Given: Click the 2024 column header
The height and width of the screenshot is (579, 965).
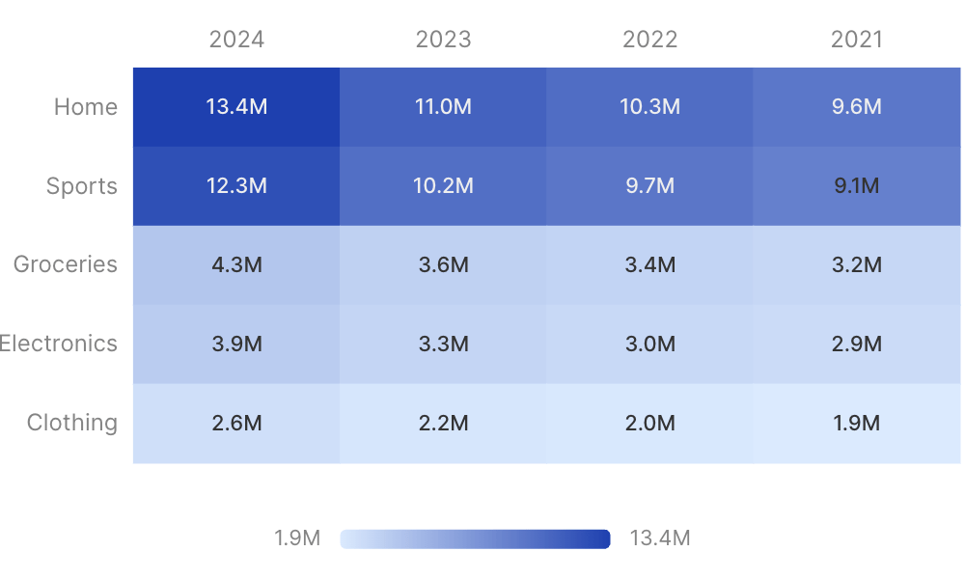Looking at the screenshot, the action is pyautogui.click(x=236, y=40).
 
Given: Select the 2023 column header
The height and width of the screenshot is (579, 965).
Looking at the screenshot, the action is pyautogui.click(x=443, y=40).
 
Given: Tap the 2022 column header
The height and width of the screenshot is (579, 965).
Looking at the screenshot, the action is pyautogui.click(x=649, y=40).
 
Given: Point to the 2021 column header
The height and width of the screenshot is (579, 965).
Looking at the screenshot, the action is pyautogui.click(x=857, y=40).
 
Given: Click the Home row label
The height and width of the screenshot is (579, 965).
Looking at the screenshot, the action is pyautogui.click(x=86, y=107).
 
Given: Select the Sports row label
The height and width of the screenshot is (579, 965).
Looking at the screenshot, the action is pyautogui.click(x=82, y=186).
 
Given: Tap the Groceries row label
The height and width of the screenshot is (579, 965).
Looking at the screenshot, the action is pyautogui.click(x=66, y=264).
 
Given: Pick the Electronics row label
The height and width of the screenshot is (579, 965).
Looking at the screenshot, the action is pyautogui.click(x=59, y=344).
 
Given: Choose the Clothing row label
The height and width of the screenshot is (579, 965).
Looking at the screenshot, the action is pyautogui.click(x=72, y=423).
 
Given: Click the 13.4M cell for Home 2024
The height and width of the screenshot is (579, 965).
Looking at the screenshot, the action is pyautogui.click(x=236, y=107).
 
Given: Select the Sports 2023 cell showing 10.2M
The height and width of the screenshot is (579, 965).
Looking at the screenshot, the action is pyautogui.click(x=443, y=186).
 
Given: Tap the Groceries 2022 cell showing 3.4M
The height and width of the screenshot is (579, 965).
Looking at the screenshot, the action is pyautogui.click(x=649, y=265).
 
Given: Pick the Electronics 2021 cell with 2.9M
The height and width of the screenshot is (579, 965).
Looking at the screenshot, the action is pyautogui.click(x=857, y=344).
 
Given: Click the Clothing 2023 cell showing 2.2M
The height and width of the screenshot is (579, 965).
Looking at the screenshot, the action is pyautogui.click(x=443, y=424).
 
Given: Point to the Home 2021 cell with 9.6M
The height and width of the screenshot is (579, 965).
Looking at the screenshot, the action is pyautogui.click(x=857, y=107).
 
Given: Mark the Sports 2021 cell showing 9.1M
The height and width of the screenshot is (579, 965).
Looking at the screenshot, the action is pyautogui.click(x=857, y=186).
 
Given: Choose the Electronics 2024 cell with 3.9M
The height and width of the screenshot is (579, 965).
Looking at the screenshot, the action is pyautogui.click(x=236, y=344).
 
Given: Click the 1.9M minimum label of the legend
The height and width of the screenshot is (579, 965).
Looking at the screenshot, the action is pyautogui.click(x=297, y=538).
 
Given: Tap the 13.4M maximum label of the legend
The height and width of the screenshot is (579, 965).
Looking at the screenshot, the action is pyautogui.click(x=660, y=538).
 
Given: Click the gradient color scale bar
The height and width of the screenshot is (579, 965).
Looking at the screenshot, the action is pyautogui.click(x=475, y=539).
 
